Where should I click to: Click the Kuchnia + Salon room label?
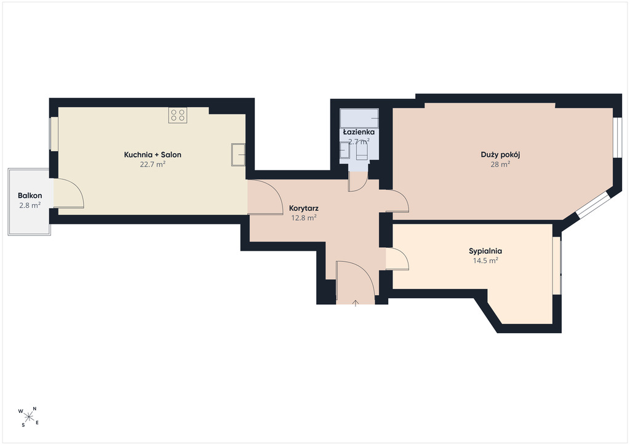[x=153, y=155]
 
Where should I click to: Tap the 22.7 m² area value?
[x=153, y=164]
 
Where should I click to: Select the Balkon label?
[x=30, y=196]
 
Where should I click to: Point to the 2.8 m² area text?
[x=30, y=205]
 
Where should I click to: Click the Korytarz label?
[x=304, y=208]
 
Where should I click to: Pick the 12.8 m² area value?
[x=304, y=218]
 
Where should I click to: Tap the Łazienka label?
[x=359, y=132]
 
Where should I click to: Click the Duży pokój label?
[x=501, y=155]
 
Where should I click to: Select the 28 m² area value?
[x=501, y=164]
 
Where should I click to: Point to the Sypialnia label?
[x=485, y=251]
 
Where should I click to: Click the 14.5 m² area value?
[x=485, y=261]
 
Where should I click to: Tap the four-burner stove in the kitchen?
[x=178, y=115]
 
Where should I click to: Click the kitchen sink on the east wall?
[x=238, y=154]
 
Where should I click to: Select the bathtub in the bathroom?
[x=359, y=118]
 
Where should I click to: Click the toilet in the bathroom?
[x=362, y=151]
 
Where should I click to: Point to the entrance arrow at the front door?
[x=356, y=304]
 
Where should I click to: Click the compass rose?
[x=28, y=417]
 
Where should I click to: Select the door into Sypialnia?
[x=397, y=259]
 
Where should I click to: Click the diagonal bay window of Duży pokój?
[x=592, y=205]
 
